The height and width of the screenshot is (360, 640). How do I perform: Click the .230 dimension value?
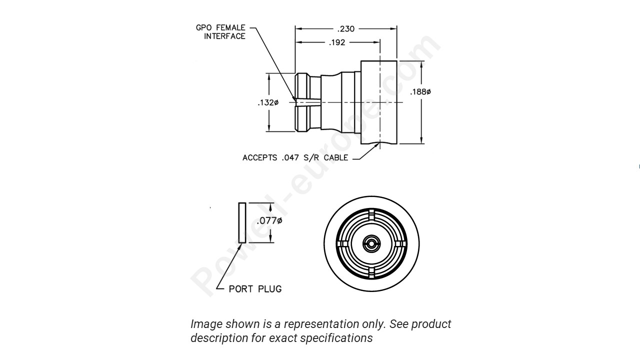[345, 29]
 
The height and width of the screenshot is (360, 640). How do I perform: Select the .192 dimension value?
[337, 42]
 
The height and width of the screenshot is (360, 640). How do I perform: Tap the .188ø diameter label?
[420, 92]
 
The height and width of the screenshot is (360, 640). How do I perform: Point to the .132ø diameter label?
[268, 102]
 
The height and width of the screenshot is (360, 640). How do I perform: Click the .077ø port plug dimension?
[269, 221]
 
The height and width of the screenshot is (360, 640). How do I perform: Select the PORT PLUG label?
[255, 289]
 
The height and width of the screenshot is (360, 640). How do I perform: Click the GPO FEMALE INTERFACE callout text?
[220, 32]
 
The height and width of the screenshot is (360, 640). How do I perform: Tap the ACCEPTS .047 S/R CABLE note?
[295, 158]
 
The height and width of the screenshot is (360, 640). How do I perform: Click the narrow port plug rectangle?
[242, 222]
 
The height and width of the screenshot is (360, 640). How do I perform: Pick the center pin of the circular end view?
[371, 244]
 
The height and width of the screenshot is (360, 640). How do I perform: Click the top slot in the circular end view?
[371, 215]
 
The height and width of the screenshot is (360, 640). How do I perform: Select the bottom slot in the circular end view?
[371, 272]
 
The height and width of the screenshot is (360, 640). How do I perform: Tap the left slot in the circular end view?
[342, 244]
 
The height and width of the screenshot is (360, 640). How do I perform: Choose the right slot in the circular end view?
[399, 244]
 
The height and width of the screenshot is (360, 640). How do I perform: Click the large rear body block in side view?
[379, 102]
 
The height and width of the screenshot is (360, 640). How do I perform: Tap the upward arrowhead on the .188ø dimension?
[422, 64]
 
